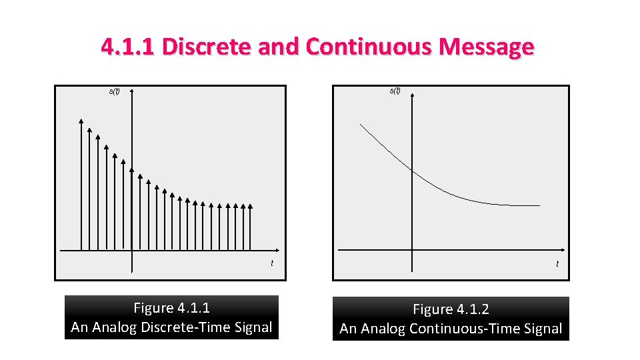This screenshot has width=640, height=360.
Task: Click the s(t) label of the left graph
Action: click(115, 91)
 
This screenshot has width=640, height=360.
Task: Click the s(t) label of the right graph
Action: click(395, 90)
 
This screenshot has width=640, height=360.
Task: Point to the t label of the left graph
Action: click(271, 263)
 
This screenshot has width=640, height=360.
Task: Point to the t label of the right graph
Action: click(557, 264)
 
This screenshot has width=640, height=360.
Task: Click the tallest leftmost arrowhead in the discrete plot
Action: click(81, 121)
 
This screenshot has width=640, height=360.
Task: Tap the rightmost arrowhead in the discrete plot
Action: click(251, 206)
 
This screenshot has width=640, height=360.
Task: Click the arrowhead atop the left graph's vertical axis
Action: click(132, 91)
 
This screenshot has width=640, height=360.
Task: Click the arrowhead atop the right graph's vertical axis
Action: click(412, 91)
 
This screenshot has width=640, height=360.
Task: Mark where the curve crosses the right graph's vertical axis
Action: click(412, 172)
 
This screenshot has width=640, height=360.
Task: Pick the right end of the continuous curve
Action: click(539, 205)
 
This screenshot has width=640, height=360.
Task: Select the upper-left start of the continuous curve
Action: click(361, 124)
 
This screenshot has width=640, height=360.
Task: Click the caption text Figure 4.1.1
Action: click(171, 308)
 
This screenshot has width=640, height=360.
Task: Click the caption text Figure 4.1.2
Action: click(451, 309)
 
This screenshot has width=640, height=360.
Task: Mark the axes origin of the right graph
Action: click(412, 250)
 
